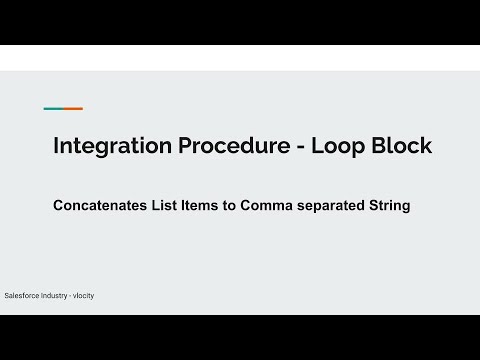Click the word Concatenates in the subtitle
coord(104,207)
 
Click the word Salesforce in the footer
coord(26,297)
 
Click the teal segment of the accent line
coord(53,108)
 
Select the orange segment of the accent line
coord(73,108)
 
